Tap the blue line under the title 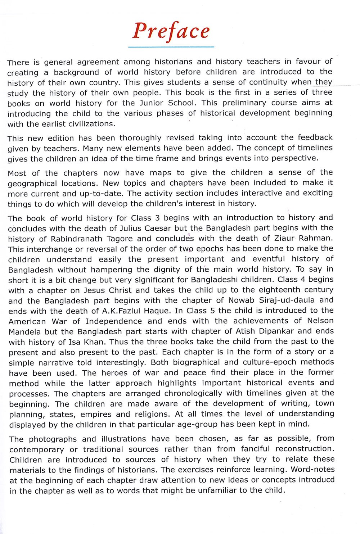[x=171, y=47]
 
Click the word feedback [x=315, y=137]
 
